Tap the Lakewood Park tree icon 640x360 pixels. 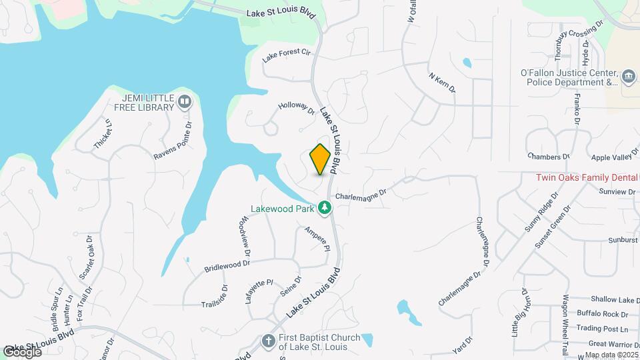tap(325, 208)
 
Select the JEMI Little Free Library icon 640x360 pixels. tap(185, 102)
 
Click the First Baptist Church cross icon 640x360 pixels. tap(268, 341)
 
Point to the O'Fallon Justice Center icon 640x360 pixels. tap(628, 77)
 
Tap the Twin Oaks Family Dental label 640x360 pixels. tap(587, 178)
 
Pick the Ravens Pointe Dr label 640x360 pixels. tap(172, 141)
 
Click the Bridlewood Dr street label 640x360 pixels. tap(227, 264)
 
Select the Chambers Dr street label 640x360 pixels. tap(548, 157)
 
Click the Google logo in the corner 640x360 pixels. tap(22, 351)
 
